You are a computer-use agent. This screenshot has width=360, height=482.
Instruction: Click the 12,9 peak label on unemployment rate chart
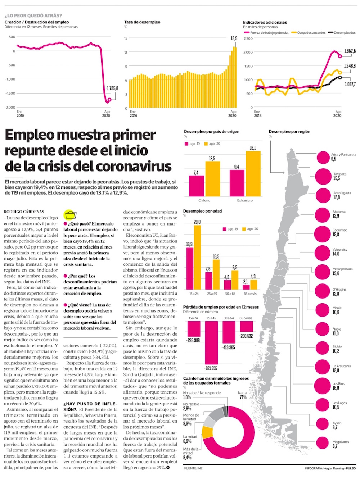[x=234, y=38]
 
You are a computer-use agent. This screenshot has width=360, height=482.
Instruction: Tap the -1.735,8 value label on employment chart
[x=112, y=88]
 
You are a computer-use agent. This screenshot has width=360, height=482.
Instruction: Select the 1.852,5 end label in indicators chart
[x=350, y=51]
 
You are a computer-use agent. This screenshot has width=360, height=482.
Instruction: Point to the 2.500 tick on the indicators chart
[x=248, y=38]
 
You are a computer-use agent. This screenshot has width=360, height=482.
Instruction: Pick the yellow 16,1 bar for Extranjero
[x=253, y=173]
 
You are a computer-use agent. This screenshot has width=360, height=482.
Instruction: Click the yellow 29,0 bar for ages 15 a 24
[x=197, y=257]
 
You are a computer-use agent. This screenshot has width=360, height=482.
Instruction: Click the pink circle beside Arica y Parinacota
[x=323, y=157]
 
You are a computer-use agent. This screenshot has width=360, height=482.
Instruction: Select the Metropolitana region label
[x=342, y=269]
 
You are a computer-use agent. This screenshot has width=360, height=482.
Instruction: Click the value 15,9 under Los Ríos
[x=336, y=388]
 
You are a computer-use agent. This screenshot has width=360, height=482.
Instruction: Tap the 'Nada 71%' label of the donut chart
[x=243, y=395]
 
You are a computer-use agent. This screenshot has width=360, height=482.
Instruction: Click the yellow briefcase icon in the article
[x=70, y=215]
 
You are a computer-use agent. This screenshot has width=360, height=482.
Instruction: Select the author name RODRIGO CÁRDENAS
[x=24, y=212]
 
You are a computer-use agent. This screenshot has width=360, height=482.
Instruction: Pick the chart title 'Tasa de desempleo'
[x=142, y=22]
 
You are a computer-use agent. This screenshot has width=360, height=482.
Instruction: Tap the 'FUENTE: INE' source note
[x=193, y=468]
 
